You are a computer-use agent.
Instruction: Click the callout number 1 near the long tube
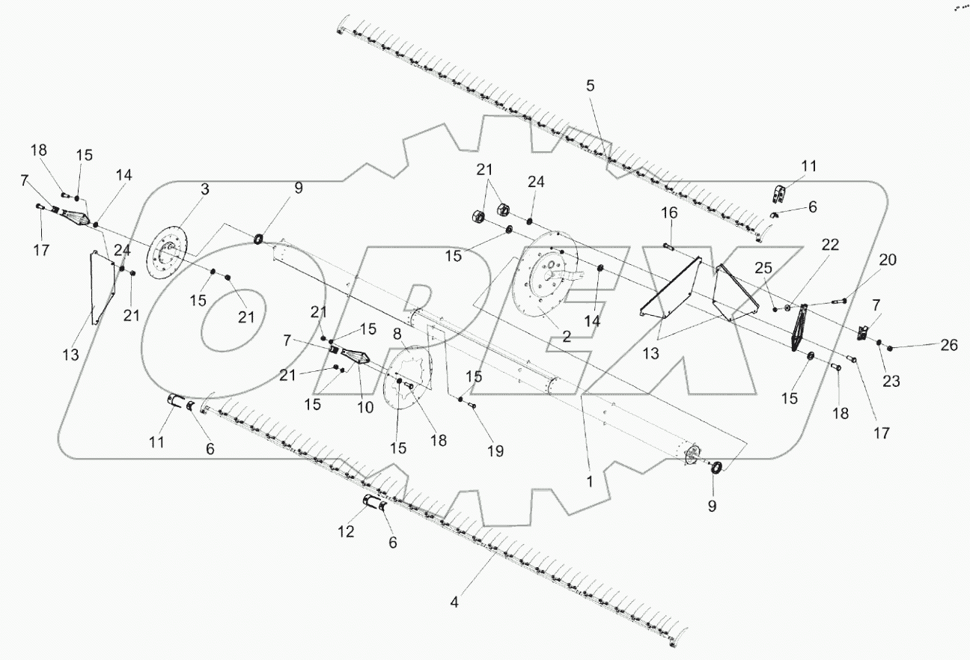click(589, 483)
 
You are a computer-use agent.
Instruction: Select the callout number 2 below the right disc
click(567, 337)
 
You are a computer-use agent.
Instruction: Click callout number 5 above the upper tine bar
click(591, 86)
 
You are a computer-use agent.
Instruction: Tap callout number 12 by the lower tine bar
click(346, 532)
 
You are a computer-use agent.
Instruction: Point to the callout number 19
click(495, 451)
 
